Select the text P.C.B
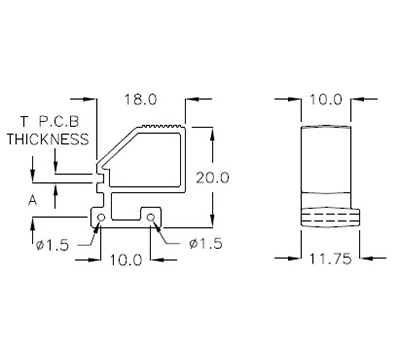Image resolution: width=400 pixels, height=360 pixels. (x=63, y=122)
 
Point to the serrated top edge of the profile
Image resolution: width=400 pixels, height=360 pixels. (x=163, y=125)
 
